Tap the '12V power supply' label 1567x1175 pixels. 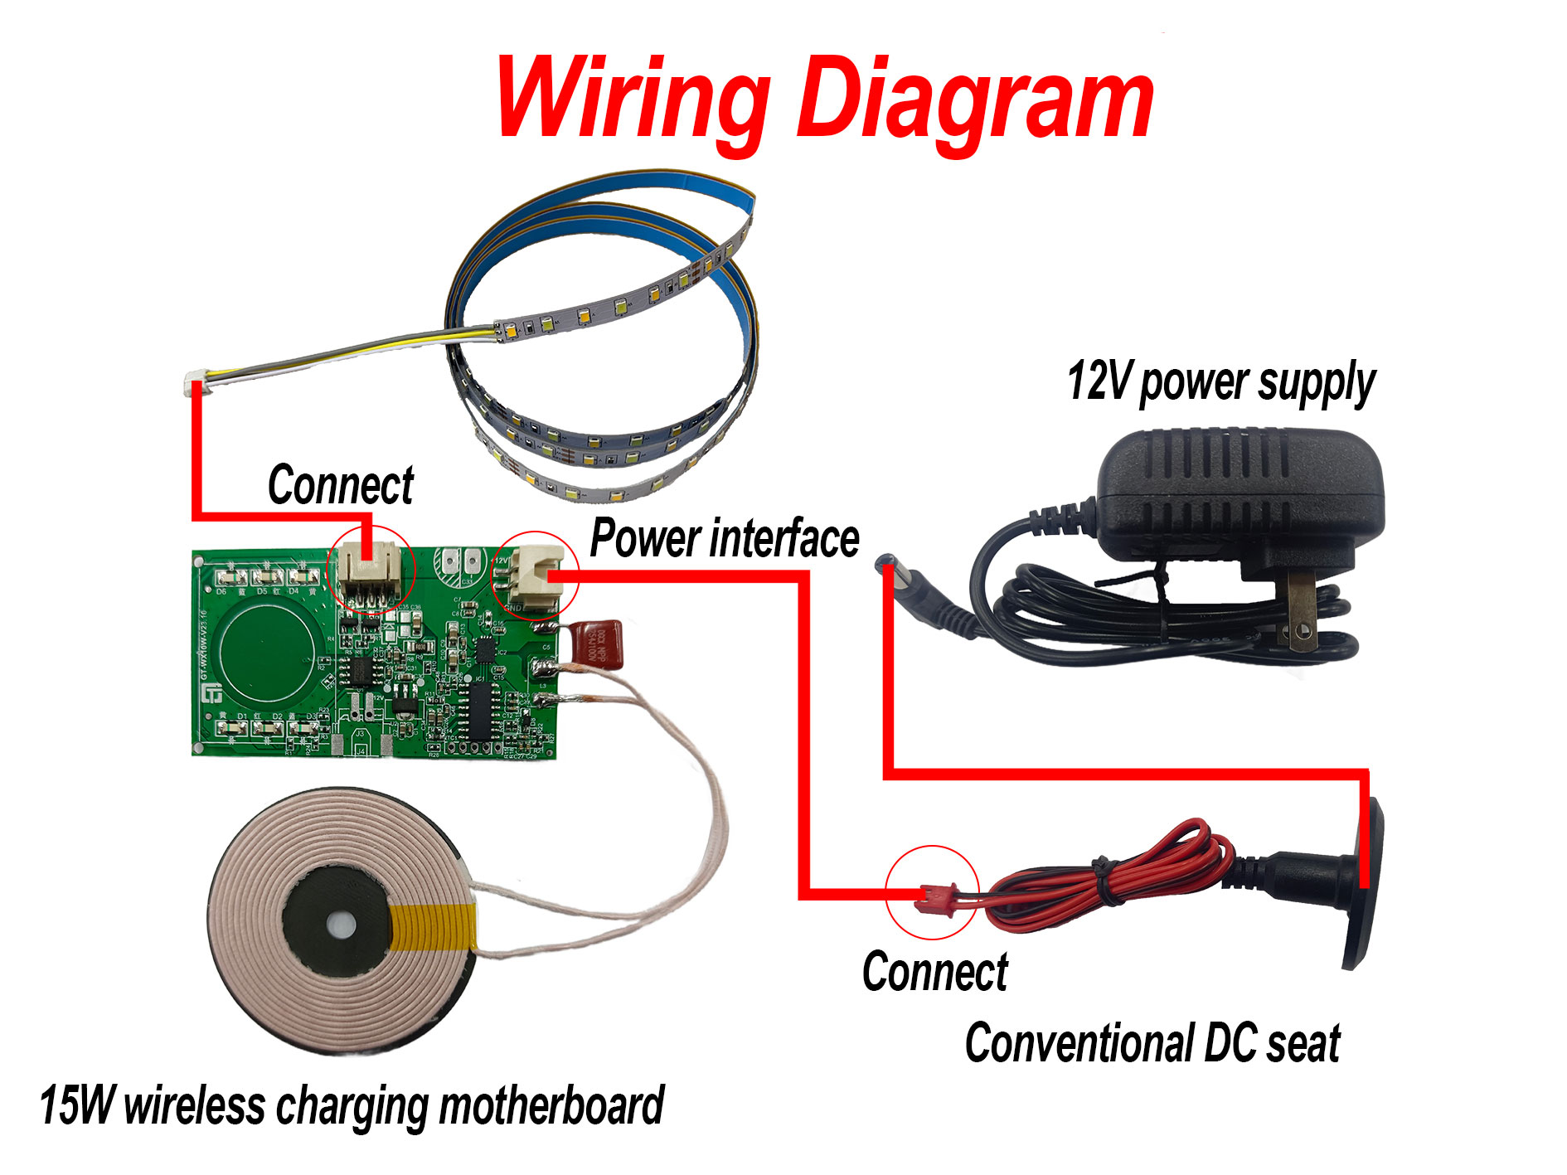1220,382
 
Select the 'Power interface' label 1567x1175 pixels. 724,539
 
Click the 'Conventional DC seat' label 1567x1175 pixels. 1152,1043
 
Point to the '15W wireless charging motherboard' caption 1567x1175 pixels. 352,1106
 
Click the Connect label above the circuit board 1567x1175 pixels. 340,485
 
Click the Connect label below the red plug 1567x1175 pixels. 934,972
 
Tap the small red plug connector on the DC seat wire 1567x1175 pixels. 935,897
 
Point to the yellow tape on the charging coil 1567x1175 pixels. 434,927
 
